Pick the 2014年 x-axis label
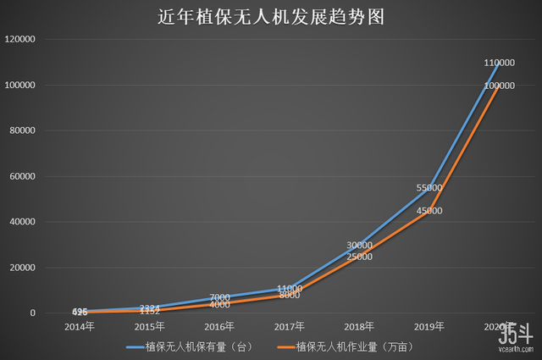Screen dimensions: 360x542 point(80,325)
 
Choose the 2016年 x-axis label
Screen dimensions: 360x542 point(219,325)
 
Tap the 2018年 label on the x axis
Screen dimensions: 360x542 point(359,325)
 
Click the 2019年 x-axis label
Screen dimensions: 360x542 point(429,325)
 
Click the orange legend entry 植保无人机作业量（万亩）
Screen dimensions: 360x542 point(344,346)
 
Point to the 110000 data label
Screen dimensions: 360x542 point(500,64)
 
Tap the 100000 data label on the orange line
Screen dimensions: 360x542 point(500,86)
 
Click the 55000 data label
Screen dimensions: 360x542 point(429,188)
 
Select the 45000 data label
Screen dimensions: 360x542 point(429,211)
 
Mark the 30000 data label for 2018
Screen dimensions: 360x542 point(360,246)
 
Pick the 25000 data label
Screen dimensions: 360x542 point(360,257)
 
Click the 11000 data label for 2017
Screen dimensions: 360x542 point(290,289)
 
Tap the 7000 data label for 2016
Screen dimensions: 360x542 point(219,298)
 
